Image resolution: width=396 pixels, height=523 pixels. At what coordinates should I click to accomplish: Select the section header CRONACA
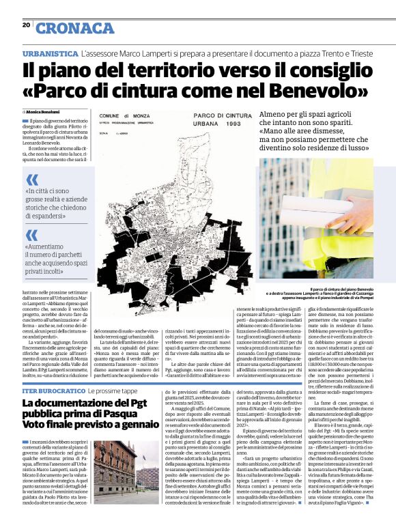(74, 28)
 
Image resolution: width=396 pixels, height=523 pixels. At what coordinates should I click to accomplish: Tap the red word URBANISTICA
(49, 53)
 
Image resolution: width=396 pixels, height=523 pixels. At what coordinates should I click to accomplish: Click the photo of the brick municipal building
(115, 471)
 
